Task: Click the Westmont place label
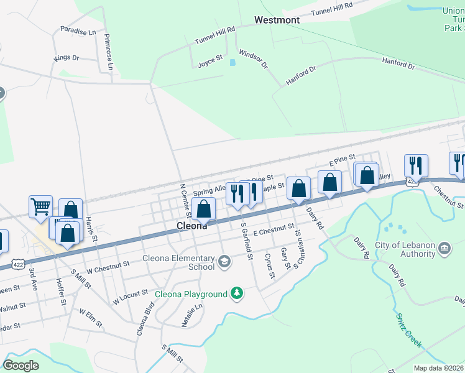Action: pos(277,20)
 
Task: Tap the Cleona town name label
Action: pos(191,226)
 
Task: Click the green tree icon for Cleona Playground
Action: pos(236,293)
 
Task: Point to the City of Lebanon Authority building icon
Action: pos(444,249)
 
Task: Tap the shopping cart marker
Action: pos(40,206)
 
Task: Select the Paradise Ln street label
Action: pos(78,30)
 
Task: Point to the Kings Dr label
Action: pos(67,58)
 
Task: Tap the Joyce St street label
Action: pos(210,62)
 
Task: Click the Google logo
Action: pos(21,366)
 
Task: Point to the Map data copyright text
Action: pos(439,368)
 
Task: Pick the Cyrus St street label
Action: pos(269,265)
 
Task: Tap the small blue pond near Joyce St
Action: pos(233,62)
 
